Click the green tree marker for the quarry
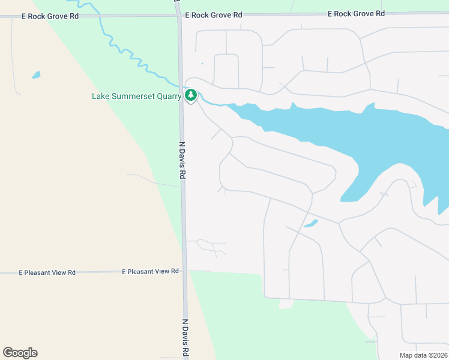click(x=191, y=95)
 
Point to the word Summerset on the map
click(x=132, y=96)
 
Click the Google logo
click(x=20, y=353)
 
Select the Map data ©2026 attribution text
click(x=423, y=355)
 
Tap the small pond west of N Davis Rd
click(x=36, y=76)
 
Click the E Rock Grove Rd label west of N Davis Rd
click(x=50, y=16)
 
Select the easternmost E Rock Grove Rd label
click(x=356, y=14)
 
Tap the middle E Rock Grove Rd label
click(x=214, y=14)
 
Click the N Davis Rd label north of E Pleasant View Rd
click(x=182, y=160)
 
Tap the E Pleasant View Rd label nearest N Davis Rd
click(x=150, y=271)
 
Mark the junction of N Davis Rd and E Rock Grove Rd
click(x=179, y=16)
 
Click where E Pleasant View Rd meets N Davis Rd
click(x=184, y=271)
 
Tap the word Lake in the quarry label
click(x=101, y=96)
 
